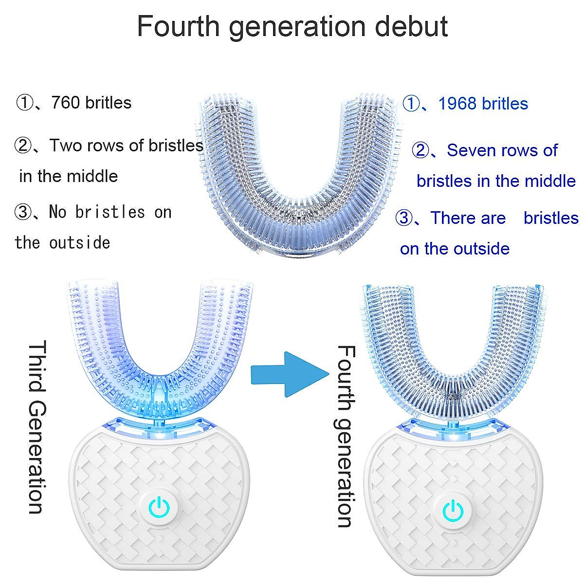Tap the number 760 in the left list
[64, 103]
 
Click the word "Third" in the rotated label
[36, 365]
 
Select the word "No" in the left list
[57, 212]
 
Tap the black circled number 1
[24, 103]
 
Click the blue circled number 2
[420, 150]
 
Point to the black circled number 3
[23, 212]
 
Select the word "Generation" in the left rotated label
[36, 457]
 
